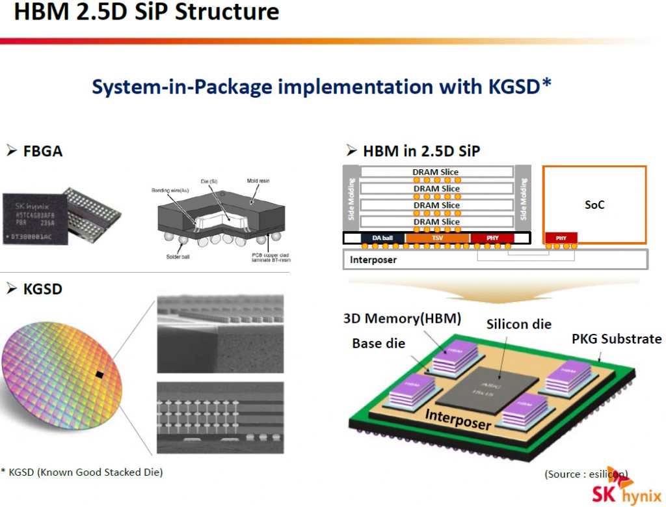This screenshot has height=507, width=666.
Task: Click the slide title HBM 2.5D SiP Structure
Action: (146, 13)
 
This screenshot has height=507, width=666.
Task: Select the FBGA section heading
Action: (35, 151)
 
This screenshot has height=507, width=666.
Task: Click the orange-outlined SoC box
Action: (594, 204)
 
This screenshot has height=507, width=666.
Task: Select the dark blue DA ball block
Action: (382, 238)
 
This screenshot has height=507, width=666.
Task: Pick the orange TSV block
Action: (436, 238)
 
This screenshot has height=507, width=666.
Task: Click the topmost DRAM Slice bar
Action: (435, 172)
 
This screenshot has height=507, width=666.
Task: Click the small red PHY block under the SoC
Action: (561, 238)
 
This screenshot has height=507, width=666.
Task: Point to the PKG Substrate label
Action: (617, 339)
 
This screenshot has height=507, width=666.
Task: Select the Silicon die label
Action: (518, 324)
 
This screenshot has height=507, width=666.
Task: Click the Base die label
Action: (379, 343)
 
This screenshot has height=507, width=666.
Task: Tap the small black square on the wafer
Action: (100, 374)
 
